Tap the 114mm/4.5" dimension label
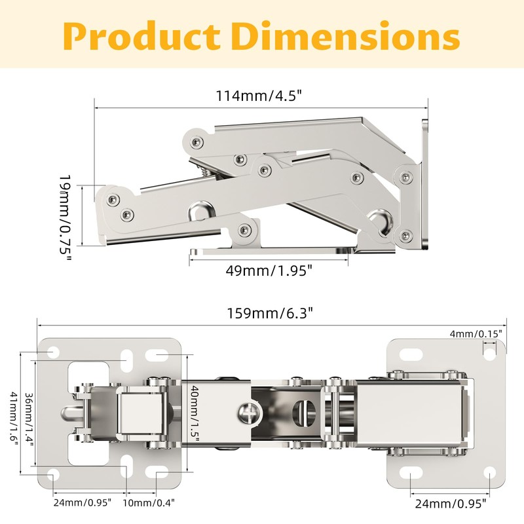point(259,96)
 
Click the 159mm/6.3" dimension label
point(271,313)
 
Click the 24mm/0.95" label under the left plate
point(83,502)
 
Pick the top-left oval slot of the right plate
point(411,354)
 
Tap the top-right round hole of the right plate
point(489,354)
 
